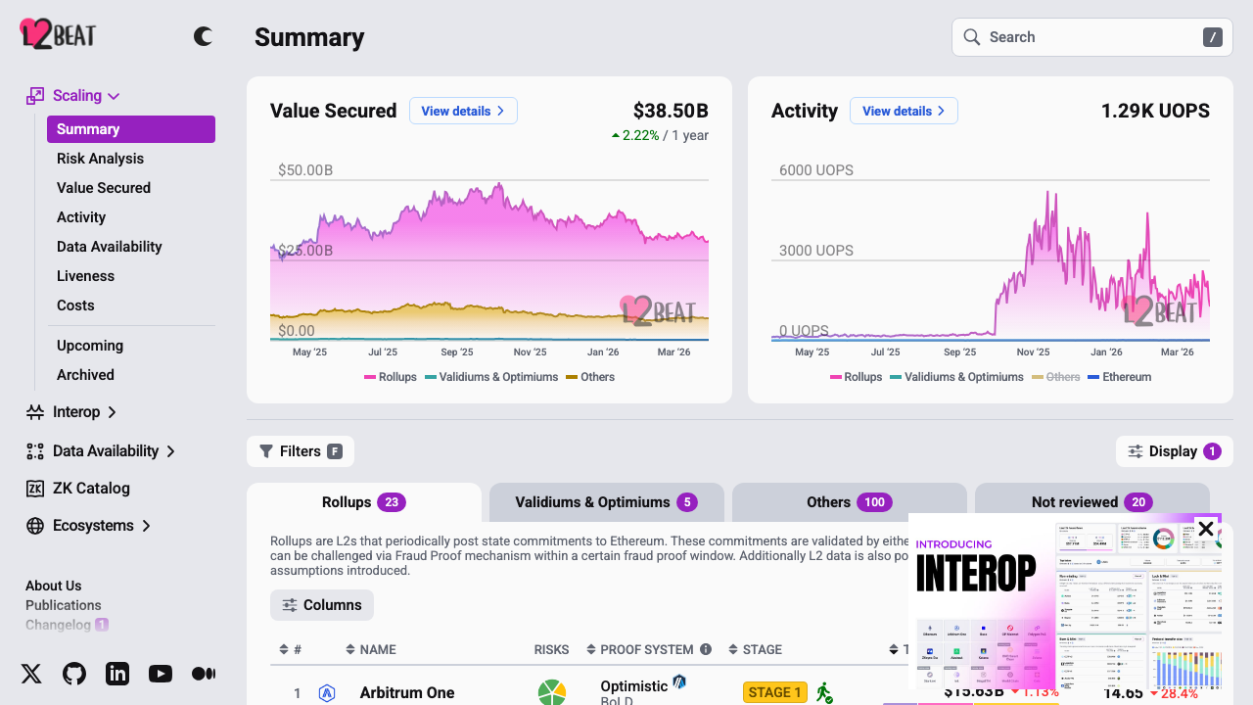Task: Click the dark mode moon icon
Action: pyautogui.click(x=203, y=37)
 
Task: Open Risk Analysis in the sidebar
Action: pyautogui.click(x=100, y=159)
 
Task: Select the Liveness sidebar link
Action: pyautogui.click(x=85, y=276)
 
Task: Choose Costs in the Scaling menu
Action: pyautogui.click(x=75, y=305)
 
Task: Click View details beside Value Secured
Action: pyautogui.click(x=463, y=111)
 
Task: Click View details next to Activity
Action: pyautogui.click(x=904, y=111)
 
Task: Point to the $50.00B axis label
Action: pyautogui.click(x=305, y=170)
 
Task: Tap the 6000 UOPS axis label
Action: pyautogui.click(x=815, y=170)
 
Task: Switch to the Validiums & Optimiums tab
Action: pyautogui.click(x=606, y=502)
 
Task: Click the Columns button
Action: pyautogui.click(x=322, y=605)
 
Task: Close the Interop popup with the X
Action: pyautogui.click(x=1206, y=530)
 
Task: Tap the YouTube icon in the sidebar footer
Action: pyautogui.click(x=161, y=674)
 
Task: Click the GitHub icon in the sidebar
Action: pyautogui.click(x=74, y=674)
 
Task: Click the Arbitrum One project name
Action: pyautogui.click(x=407, y=692)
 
